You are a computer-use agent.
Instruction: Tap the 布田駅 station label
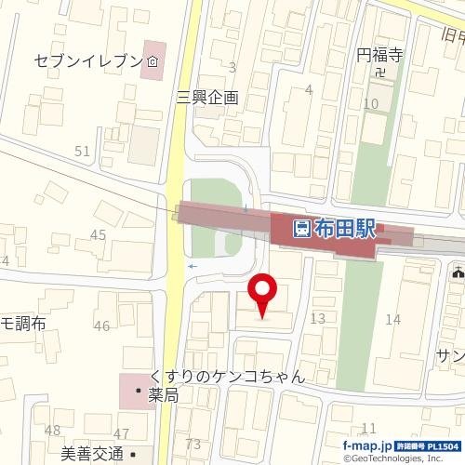tap(346, 228)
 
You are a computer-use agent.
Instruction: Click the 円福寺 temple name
tap(379, 56)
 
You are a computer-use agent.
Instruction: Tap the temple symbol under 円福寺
tap(379, 72)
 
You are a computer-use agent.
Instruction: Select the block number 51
tap(82, 151)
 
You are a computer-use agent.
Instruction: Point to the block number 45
tap(98, 234)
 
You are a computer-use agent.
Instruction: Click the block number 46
tap(101, 325)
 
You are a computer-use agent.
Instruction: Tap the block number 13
tap(317, 319)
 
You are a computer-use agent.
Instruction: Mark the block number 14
tap(392, 319)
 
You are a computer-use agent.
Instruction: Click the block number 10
tap(371, 102)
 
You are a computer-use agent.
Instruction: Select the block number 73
tap(193, 444)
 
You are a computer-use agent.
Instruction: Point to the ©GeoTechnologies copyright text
tap(403, 458)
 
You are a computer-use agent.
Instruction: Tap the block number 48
tap(52, 430)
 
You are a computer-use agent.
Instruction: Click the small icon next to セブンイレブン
tap(151, 61)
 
